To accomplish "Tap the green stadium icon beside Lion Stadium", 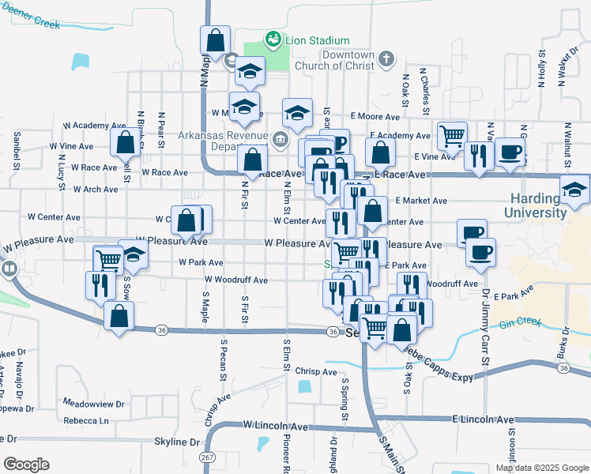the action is click(273, 39).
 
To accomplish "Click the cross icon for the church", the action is click(386, 58).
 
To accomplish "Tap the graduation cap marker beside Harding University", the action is click(574, 190).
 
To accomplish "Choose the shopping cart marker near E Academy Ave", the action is click(451, 135).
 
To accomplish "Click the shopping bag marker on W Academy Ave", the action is click(125, 143).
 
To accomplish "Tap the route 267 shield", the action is click(208, 457).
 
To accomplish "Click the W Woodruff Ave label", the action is click(235, 280).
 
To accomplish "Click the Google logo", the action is click(26, 464).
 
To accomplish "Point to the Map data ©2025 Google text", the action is click(541, 468).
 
